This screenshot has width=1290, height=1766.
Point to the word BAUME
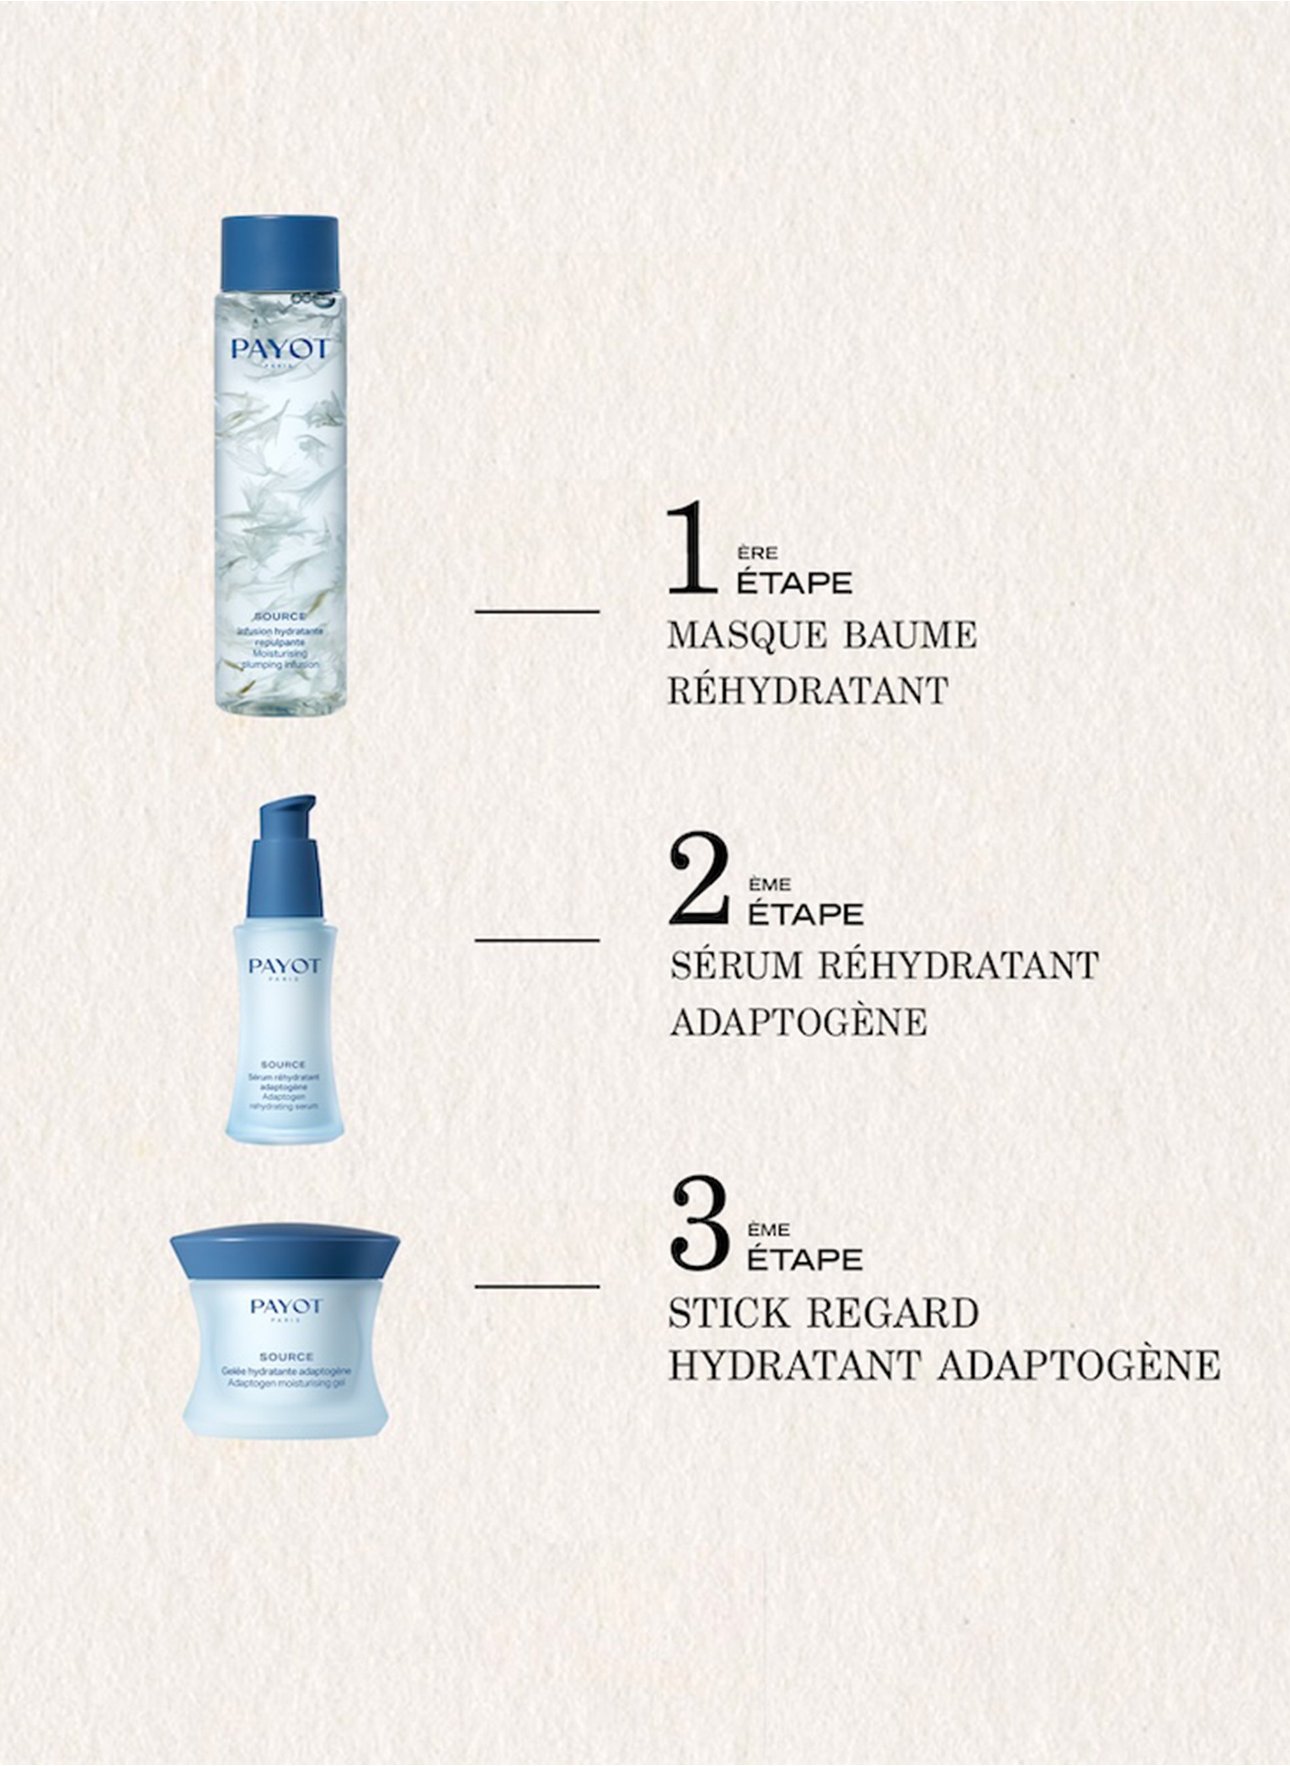[x=910, y=635]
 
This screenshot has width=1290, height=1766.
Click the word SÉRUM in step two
[x=737, y=965]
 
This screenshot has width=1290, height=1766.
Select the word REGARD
[x=893, y=1314]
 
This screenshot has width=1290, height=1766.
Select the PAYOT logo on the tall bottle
[x=280, y=349]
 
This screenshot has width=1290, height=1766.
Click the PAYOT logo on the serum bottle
[x=284, y=967]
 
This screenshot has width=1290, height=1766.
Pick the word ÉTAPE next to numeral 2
[x=805, y=914]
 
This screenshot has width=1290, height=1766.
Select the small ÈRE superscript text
[x=756, y=553]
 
